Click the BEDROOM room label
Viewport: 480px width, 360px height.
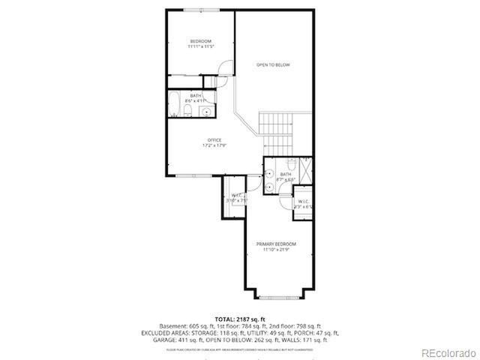click(x=200, y=40)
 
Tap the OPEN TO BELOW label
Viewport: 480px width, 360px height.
click(x=273, y=65)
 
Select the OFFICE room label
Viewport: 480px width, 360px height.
click(x=214, y=140)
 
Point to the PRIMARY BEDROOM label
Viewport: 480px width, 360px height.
click(x=275, y=244)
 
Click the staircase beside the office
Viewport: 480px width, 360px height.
click(x=277, y=131)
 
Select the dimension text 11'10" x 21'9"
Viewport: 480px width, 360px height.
click(x=275, y=250)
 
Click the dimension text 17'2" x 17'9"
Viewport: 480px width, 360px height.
click(x=214, y=146)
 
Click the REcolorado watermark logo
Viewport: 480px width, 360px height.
click(x=447, y=352)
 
